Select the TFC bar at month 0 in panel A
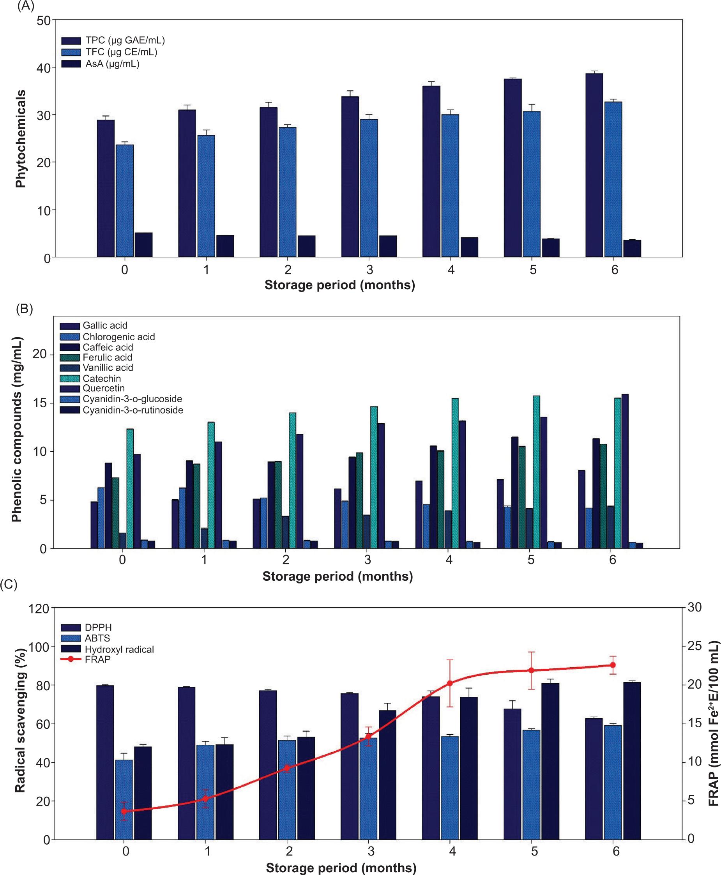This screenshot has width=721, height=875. [125, 201]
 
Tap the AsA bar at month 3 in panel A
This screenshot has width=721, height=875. [387, 246]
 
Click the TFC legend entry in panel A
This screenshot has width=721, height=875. [121, 52]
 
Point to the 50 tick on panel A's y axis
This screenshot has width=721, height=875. [43, 20]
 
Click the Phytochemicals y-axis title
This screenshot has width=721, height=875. [21, 139]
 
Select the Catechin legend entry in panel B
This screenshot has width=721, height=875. [102, 378]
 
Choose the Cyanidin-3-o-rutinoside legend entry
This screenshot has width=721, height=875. [133, 410]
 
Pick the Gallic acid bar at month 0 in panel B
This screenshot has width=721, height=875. [94, 525]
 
